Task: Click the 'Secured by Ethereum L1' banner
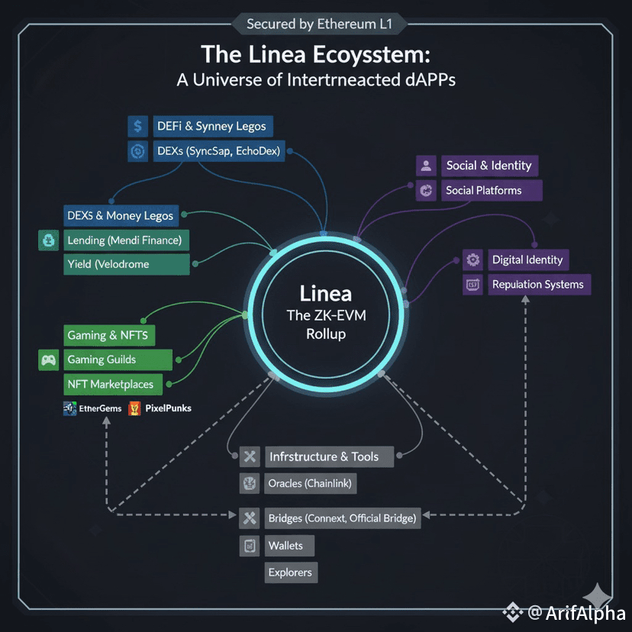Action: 318,24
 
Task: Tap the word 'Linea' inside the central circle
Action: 326,293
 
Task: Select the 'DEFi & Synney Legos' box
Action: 210,126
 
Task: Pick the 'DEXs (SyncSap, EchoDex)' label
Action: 218,151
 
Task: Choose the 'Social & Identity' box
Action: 489,166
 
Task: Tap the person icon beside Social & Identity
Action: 426,166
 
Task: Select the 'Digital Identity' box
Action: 527,260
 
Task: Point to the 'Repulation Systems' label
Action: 537,285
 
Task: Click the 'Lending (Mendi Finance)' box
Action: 125,240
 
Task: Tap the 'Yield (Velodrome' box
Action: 125,264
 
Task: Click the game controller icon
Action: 48,360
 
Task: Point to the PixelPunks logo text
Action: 167,408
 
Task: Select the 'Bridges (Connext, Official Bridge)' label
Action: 342,518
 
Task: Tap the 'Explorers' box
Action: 290,572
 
